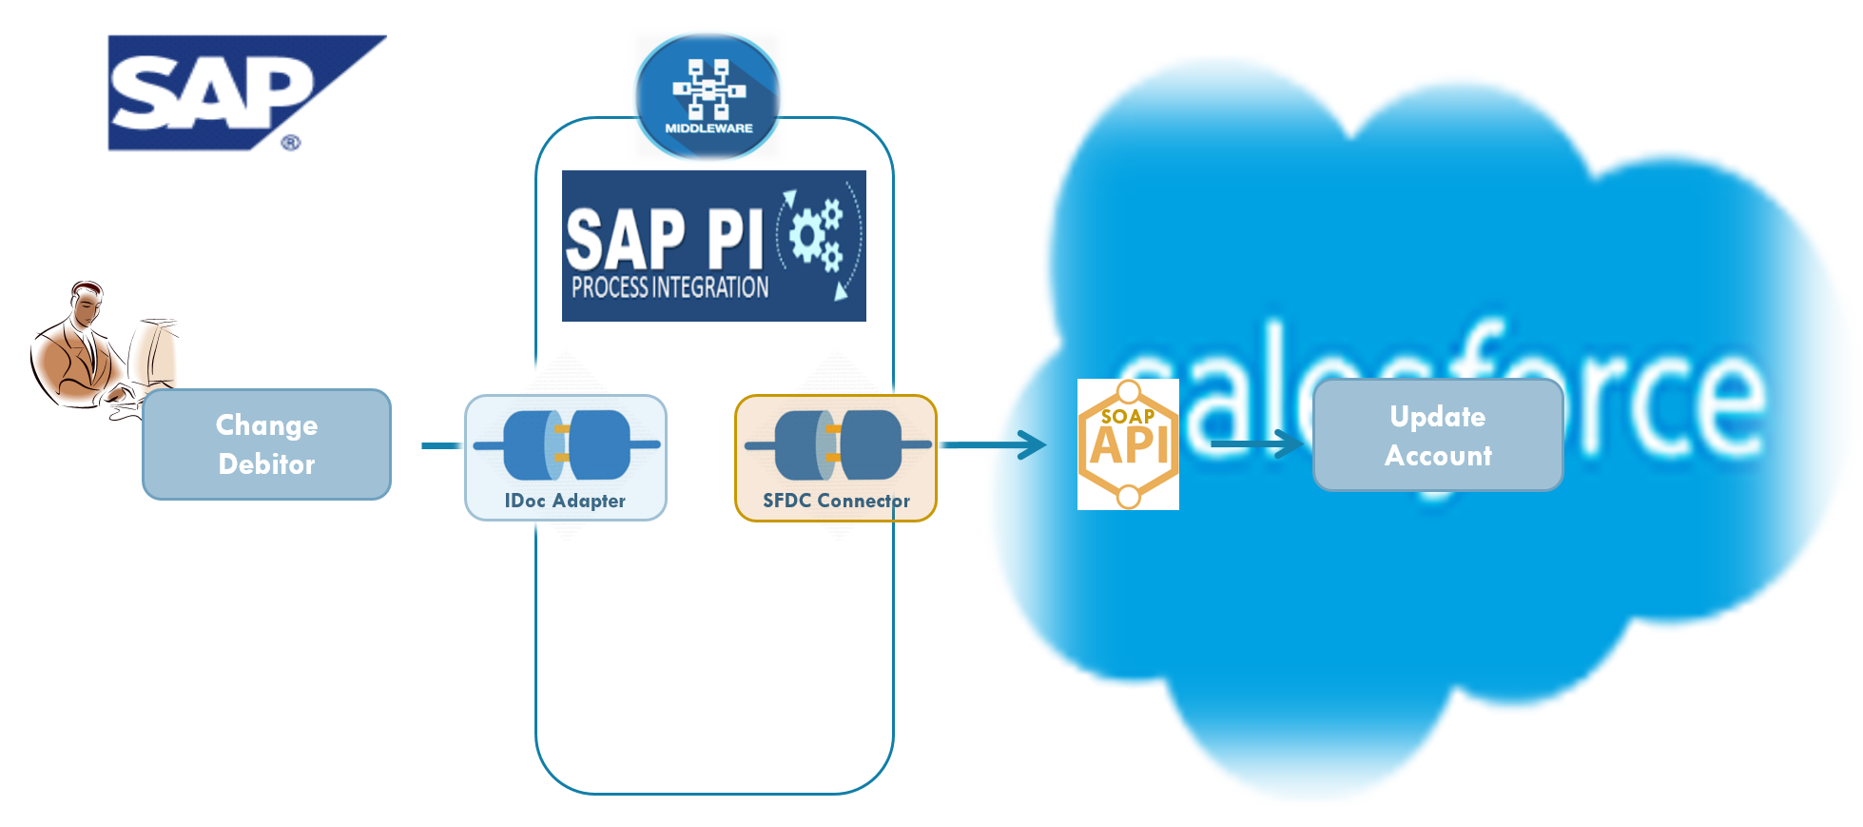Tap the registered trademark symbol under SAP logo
point(291,143)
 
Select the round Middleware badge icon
point(708,95)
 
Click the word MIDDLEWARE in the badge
point(708,128)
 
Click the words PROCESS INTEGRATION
point(670,287)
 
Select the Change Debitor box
point(266,444)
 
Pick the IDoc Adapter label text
point(565,501)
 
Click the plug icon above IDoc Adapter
point(567,444)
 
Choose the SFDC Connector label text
point(836,501)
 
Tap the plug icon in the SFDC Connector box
point(838,444)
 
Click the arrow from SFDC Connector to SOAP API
point(994,444)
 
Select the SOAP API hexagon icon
point(1128,444)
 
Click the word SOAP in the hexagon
point(1128,416)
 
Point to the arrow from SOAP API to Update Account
point(1255,443)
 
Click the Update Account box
point(1438,435)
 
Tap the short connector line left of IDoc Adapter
point(441,445)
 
